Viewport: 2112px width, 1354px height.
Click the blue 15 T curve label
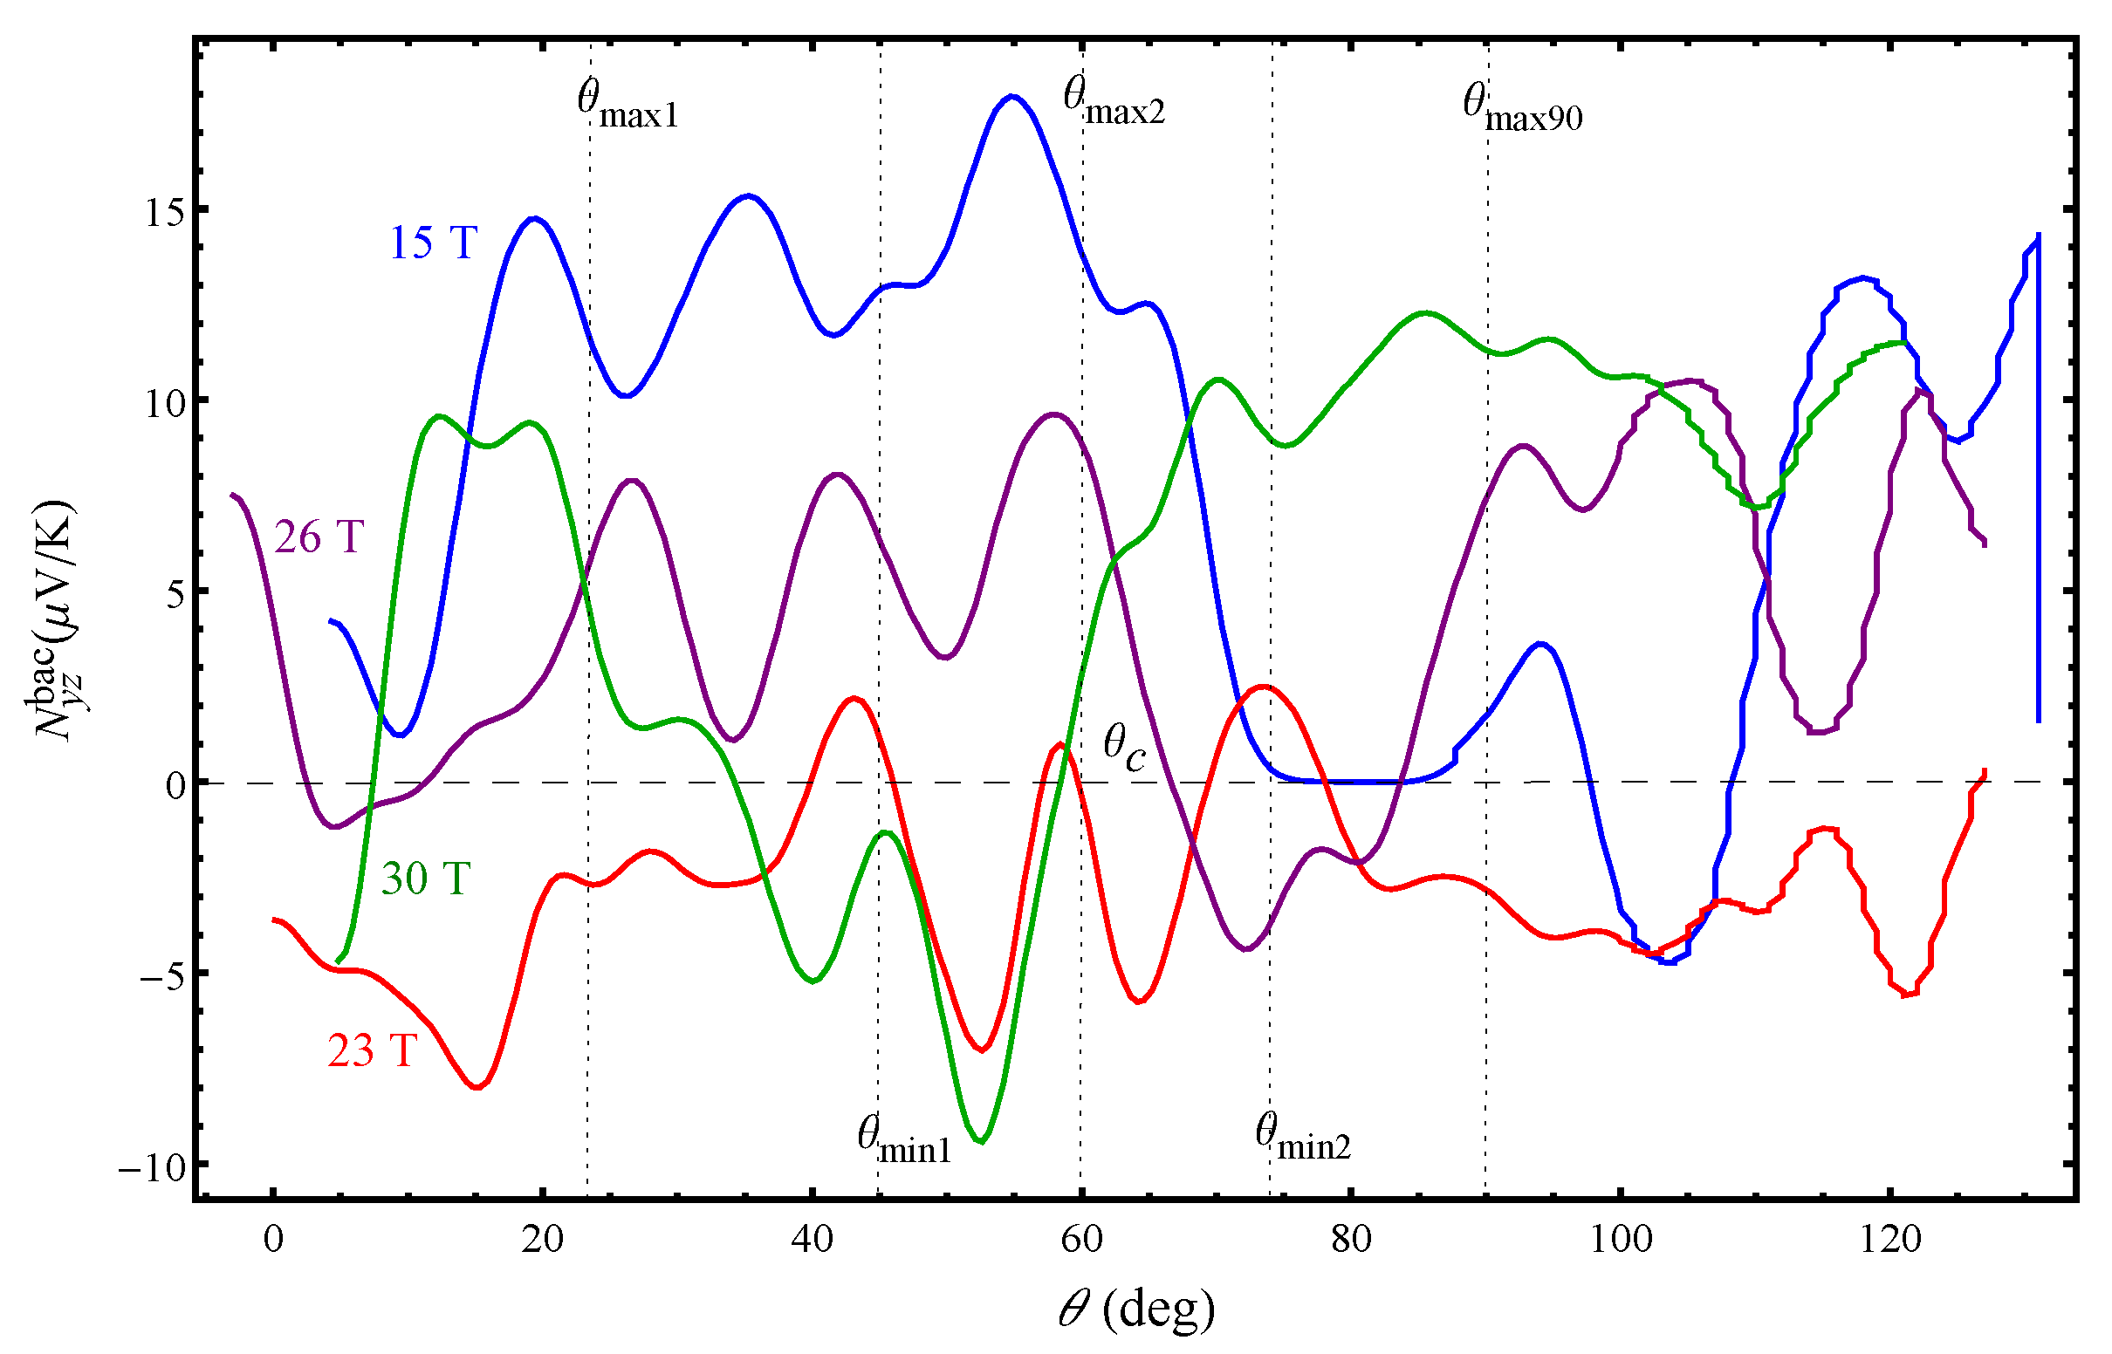pos(434,243)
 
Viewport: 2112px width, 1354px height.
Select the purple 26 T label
pos(319,537)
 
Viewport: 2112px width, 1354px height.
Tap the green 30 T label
pos(426,879)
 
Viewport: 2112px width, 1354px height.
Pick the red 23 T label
pos(372,1050)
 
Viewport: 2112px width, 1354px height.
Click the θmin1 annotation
pos(904,1141)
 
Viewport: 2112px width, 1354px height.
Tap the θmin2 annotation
pos(1302,1138)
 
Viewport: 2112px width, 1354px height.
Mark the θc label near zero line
pos(1125,748)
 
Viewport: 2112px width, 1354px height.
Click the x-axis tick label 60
pos(1081,1240)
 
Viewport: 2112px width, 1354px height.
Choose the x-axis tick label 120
pos(1889,1240)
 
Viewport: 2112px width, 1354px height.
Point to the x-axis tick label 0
pos(273,1240)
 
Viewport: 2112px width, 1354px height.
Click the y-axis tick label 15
pos(164,212)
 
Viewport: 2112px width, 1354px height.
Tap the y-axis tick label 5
pos(175,594)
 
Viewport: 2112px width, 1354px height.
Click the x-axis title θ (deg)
pos(1136,1310)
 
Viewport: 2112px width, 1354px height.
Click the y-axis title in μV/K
pos(54,619)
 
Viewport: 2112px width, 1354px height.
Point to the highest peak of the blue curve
pos(1013,96)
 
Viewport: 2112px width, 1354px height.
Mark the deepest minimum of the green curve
pos(981,1142)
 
